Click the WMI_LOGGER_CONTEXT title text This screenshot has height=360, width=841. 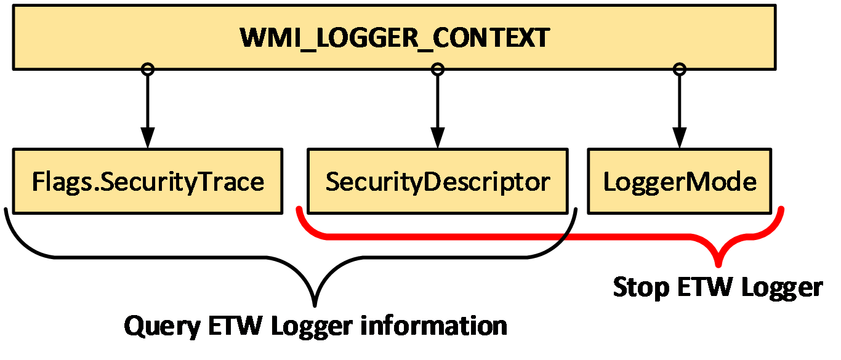pyautogui.click(x=394, y=38)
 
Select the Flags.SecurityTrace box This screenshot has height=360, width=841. pyautogui.click(x=148, y=182)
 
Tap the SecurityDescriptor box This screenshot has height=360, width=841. pyautogui.click(x=437, y=182)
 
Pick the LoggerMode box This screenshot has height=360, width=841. pyautogui.click(x=679, y=182)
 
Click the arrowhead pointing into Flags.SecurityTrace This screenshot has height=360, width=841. pyautogui.click(x=148, y=138)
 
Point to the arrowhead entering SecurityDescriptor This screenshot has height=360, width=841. pyautogui.click(x=437, y=138)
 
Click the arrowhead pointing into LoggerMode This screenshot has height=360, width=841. pyautogui.click(x=679, y=138)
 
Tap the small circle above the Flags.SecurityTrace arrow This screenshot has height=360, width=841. pyautogui.click(x=148, y=69)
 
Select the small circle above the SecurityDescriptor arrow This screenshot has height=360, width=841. pyautogui.click(x=437, y=69)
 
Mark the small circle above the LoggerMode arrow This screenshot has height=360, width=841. pyautogui.click(x=679, y=69)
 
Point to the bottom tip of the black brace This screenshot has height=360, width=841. pyautogui.click(x=315, y=304)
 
